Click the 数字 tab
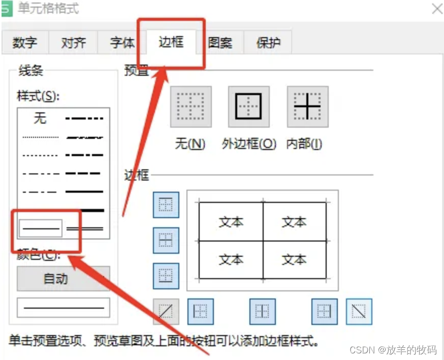25,43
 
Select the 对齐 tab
73,43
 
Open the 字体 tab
122,43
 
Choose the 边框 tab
171,42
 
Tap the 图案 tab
220,43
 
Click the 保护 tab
268,43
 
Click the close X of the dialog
436,9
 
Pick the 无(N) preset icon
191,106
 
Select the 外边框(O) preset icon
249,106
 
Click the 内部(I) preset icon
307,106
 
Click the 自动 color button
55,279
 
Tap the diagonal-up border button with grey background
166,311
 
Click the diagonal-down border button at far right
359,311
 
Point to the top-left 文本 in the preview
231,222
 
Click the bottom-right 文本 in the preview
294,259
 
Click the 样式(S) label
39,96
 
